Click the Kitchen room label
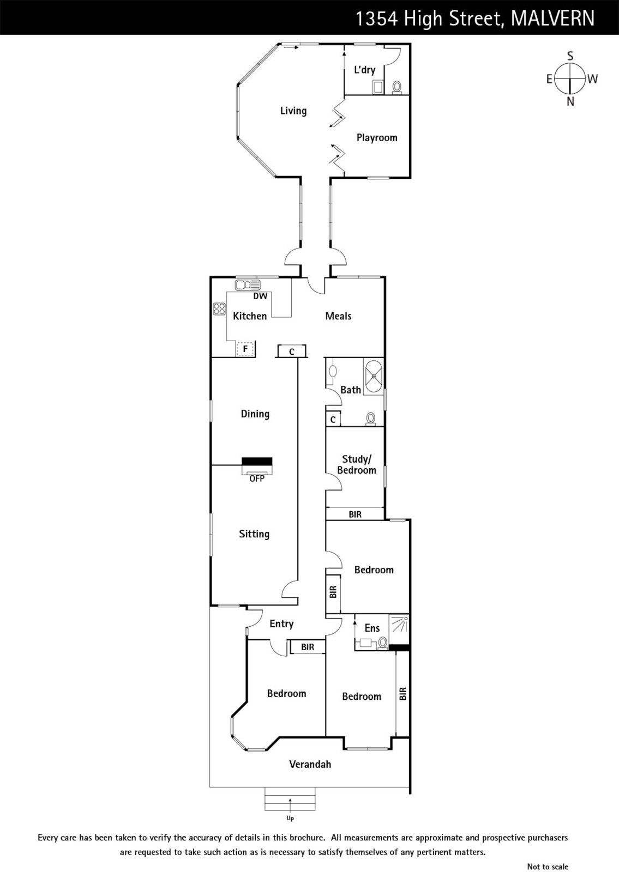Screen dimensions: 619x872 (x=250, y=316)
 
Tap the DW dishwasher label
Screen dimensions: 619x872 (x=260, y=296)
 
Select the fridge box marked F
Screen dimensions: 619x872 (x=245, y=348)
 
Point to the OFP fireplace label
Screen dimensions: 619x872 (x=257, y=479)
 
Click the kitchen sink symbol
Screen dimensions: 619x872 (x=248, y=285)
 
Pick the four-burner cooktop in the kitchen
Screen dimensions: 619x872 (x=219, y=308)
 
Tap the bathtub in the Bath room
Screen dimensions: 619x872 (x=374, y=377)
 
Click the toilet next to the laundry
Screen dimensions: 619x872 (x=397, y=87)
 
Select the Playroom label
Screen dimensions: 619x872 (x=377, y=138)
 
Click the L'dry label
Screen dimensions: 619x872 (x=365, y=70)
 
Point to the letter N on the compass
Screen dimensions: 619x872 (x=570, y=101)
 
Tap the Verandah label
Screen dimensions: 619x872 (x=310, y=764)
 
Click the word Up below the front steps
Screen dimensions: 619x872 (x=290, y=818)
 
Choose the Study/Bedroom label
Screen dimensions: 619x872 (x=357, y=464)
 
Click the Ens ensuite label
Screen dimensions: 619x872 (x=372, y=628)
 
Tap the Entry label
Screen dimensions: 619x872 (x=281, y=624)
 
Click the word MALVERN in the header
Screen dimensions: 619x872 (x=552, y=18)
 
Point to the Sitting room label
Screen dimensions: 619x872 (x=254, y=534)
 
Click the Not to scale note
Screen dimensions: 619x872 (x=548, y=867)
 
